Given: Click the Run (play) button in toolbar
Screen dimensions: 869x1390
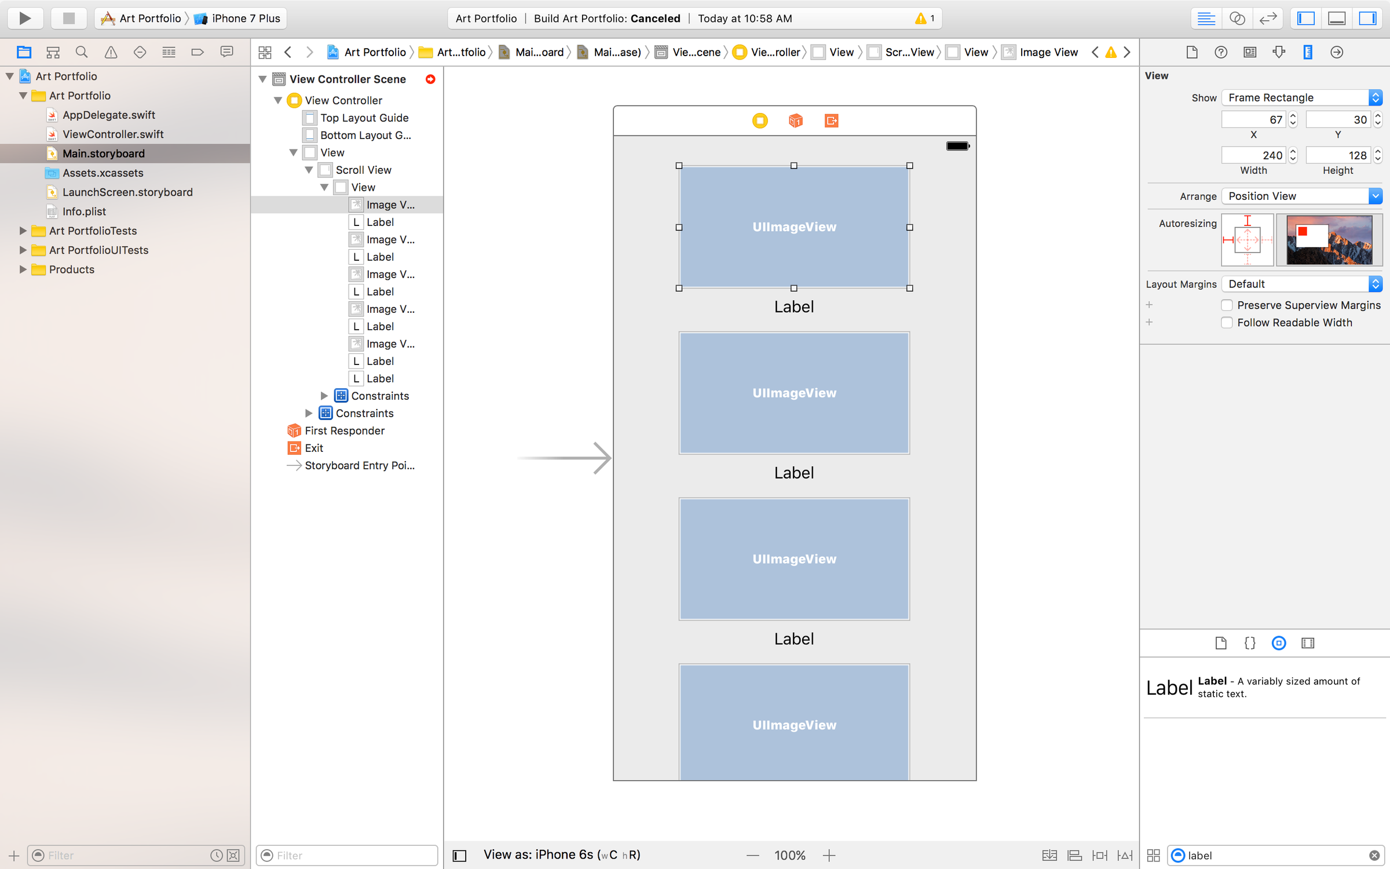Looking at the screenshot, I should [x=25, y=18].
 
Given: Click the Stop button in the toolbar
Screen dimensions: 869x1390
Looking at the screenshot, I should [x=68, y=18].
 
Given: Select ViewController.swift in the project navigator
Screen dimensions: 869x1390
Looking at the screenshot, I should [x=113, y=134].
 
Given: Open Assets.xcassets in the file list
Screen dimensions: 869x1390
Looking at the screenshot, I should [x=103, y=173].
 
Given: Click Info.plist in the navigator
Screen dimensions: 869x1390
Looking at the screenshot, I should [x=84, y=211].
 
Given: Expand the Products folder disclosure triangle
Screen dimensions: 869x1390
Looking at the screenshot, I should [x=23, y=269].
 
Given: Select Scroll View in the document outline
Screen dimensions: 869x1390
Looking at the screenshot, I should [x=363, y=170].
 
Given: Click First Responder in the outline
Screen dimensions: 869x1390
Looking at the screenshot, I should [x=344, y=430].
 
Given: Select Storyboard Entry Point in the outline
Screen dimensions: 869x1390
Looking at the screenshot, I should [x=359, y=465].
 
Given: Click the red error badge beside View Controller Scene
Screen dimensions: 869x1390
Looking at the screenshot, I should [x=430, y=79].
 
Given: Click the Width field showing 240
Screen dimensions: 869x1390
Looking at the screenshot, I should [x=1253, y=155].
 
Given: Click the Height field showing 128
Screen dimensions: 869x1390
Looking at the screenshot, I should [x=1337, y=155].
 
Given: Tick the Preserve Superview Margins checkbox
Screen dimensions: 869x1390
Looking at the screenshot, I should [x=1227, y=305].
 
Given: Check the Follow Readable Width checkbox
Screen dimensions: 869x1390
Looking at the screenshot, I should [x=1227, y=323].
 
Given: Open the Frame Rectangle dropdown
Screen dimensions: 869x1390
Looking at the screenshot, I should [x=1301, y=97].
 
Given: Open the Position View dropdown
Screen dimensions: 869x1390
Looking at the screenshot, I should [x=1301, y=196].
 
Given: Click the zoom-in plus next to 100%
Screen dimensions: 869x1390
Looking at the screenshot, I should [x=829, y=855].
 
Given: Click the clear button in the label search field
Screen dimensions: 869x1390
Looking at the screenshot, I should [x=1374, y=856].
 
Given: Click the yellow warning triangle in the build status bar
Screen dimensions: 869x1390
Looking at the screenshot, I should [x=920, y=19].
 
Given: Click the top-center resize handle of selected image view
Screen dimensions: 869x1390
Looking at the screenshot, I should [x=794, y=166].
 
